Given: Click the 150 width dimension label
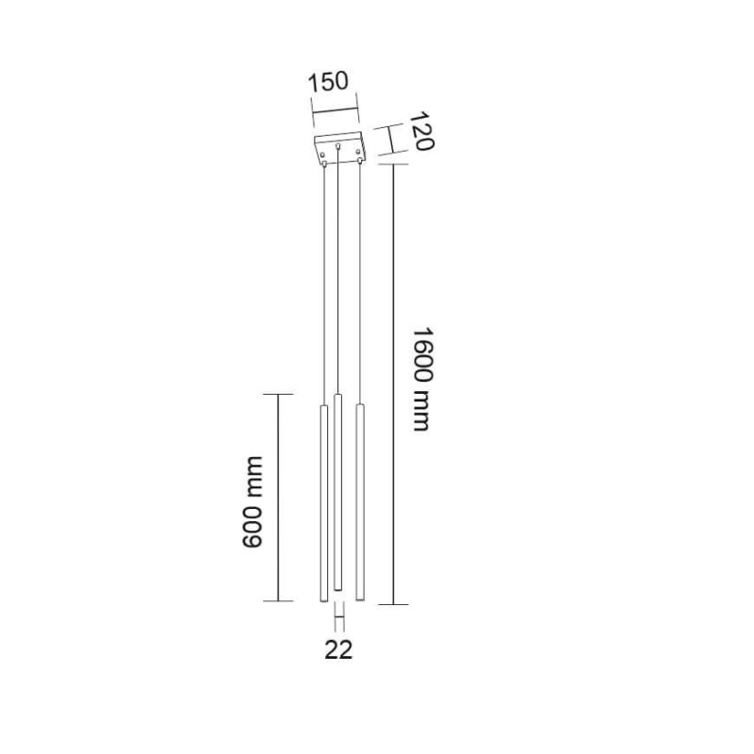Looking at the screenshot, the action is pos(327,82).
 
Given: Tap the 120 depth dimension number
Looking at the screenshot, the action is pos(424,131).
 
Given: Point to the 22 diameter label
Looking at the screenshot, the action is pos(338,650).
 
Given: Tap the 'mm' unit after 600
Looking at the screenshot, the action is pos(253,477).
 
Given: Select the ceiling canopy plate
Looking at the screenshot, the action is pos(339,149).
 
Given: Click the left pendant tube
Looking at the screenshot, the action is pos(324,503).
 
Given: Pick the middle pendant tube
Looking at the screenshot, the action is pos(338,492).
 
